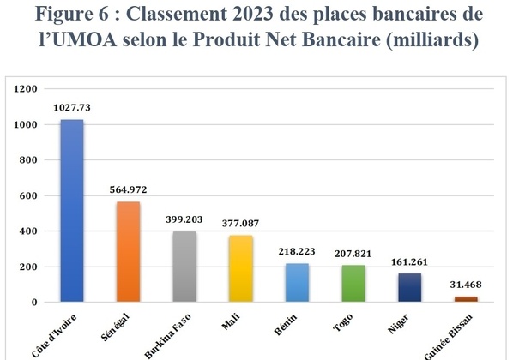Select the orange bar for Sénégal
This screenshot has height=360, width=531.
pos(128,252)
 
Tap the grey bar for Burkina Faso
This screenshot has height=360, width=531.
pos(184,267)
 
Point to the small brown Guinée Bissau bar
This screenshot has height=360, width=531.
pos(465,299)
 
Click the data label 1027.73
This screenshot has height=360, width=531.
pos(71,108)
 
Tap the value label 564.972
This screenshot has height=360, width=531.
pos(128,190)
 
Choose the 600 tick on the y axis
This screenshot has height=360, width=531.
pos(28,195)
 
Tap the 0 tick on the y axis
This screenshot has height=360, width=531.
pos(34,303)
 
